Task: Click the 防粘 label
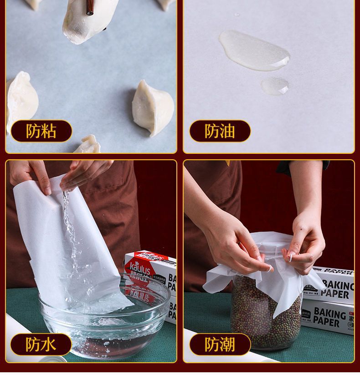tap(41, 131)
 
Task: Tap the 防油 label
tap(220, 131)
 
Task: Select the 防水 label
tap(41, 345)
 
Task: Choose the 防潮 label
tap(220, 345)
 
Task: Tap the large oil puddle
tap(253, 50)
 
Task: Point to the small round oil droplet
tap(275, 85)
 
